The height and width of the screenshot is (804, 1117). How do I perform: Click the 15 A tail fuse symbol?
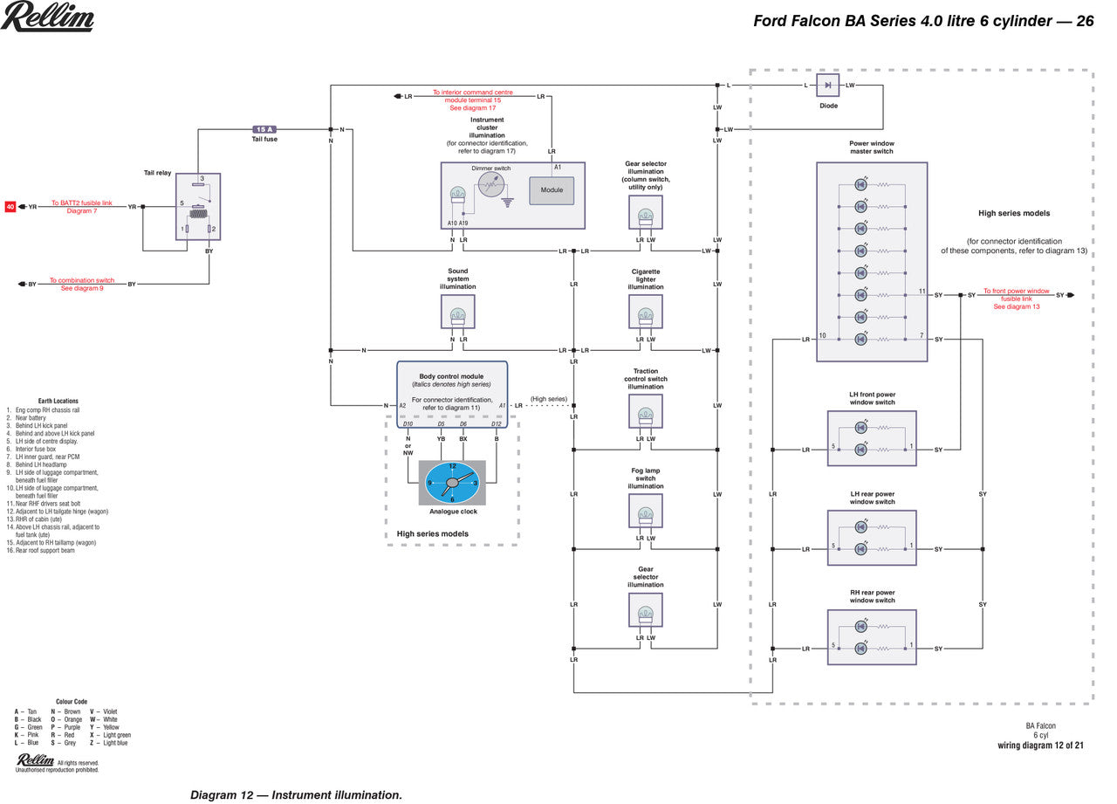(x=264, y=129)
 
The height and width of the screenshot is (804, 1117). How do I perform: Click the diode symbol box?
(x=827, y=85)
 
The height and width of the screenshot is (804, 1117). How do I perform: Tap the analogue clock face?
(x=452, y=483)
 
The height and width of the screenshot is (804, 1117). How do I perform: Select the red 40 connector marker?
(x=10, y=207)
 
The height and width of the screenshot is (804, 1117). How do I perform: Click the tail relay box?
(x=198, y=206)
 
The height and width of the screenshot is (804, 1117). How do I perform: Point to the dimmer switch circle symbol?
(x=491, y=185)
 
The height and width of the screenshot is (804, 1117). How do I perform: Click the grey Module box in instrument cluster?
(x=552, y=190)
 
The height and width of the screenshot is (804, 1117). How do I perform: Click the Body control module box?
(x=452, y=394)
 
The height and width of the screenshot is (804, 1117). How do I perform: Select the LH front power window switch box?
(x=872, y=438)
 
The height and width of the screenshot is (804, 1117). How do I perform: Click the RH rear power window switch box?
(x=872, y=637)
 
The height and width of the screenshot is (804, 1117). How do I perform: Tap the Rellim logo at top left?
(x=47, y=18)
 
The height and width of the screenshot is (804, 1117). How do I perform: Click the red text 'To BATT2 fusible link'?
(x=81, y=203)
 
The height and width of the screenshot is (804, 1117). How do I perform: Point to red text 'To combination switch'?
(x=81, y=280)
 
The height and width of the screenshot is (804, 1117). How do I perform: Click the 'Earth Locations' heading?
(x=58, y=402)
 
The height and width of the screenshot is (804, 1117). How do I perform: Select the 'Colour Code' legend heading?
(x=72, y=702)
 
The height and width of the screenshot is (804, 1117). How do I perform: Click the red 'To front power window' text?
(x=1016, y=291)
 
